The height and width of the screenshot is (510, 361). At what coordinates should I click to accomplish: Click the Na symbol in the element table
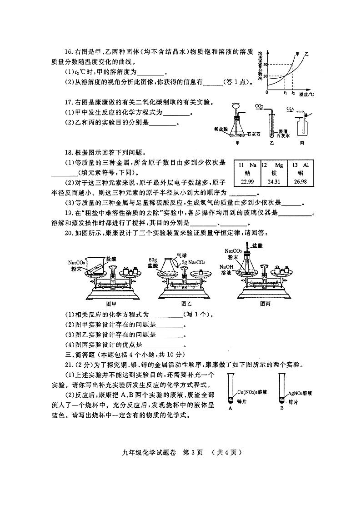(x=251, y=165)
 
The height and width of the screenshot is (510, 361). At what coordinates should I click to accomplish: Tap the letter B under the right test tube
(x=282, y=408)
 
